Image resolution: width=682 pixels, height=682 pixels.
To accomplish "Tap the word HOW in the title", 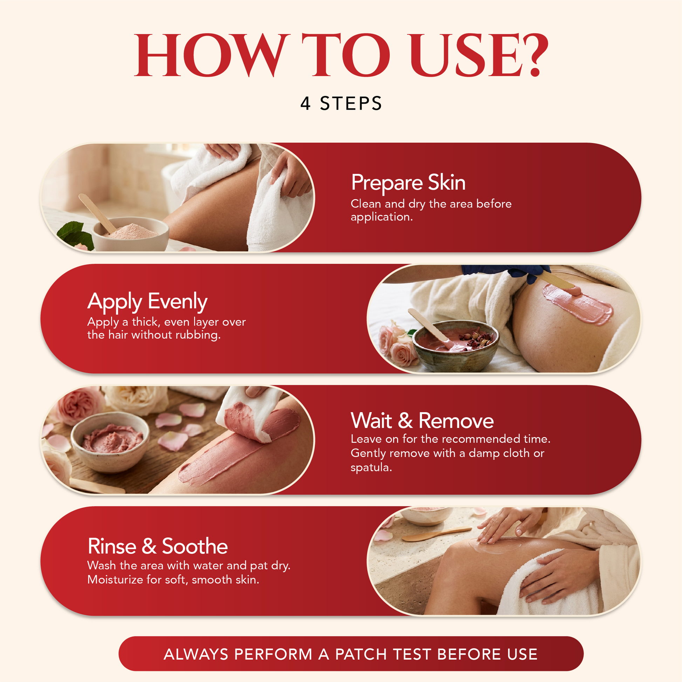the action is click(x=210, y=55).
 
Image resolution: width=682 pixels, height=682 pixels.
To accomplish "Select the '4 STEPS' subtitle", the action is click(x=341, y=103).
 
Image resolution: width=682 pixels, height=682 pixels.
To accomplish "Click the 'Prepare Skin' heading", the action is click(x=408, y=183).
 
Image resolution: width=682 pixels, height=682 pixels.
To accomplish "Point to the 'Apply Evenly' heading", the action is click(x=147, y=302).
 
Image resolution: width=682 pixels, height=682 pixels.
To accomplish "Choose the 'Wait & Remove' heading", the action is click(x=422, y=421).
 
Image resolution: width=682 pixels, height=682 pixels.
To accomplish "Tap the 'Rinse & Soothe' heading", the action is click(x=157, y=546).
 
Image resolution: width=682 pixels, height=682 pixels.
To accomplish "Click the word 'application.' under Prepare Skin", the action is click(x=382, y=217).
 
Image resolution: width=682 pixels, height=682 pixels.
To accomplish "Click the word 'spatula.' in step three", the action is click(x=371, y=468).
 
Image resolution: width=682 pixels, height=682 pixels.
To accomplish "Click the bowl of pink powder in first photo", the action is click(x=131, y=234).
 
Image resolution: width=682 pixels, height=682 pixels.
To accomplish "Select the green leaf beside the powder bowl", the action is click(x=75, y=235).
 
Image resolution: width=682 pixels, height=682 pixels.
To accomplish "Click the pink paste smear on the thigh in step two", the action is click(x=578, y=303).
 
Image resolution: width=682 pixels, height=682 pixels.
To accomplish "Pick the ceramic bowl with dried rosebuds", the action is click(x=456, y=346).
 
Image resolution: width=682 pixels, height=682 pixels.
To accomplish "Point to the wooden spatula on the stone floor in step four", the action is click(x=436, y=535).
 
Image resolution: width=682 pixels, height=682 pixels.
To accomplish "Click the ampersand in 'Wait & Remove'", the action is click(x=405, y=421).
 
